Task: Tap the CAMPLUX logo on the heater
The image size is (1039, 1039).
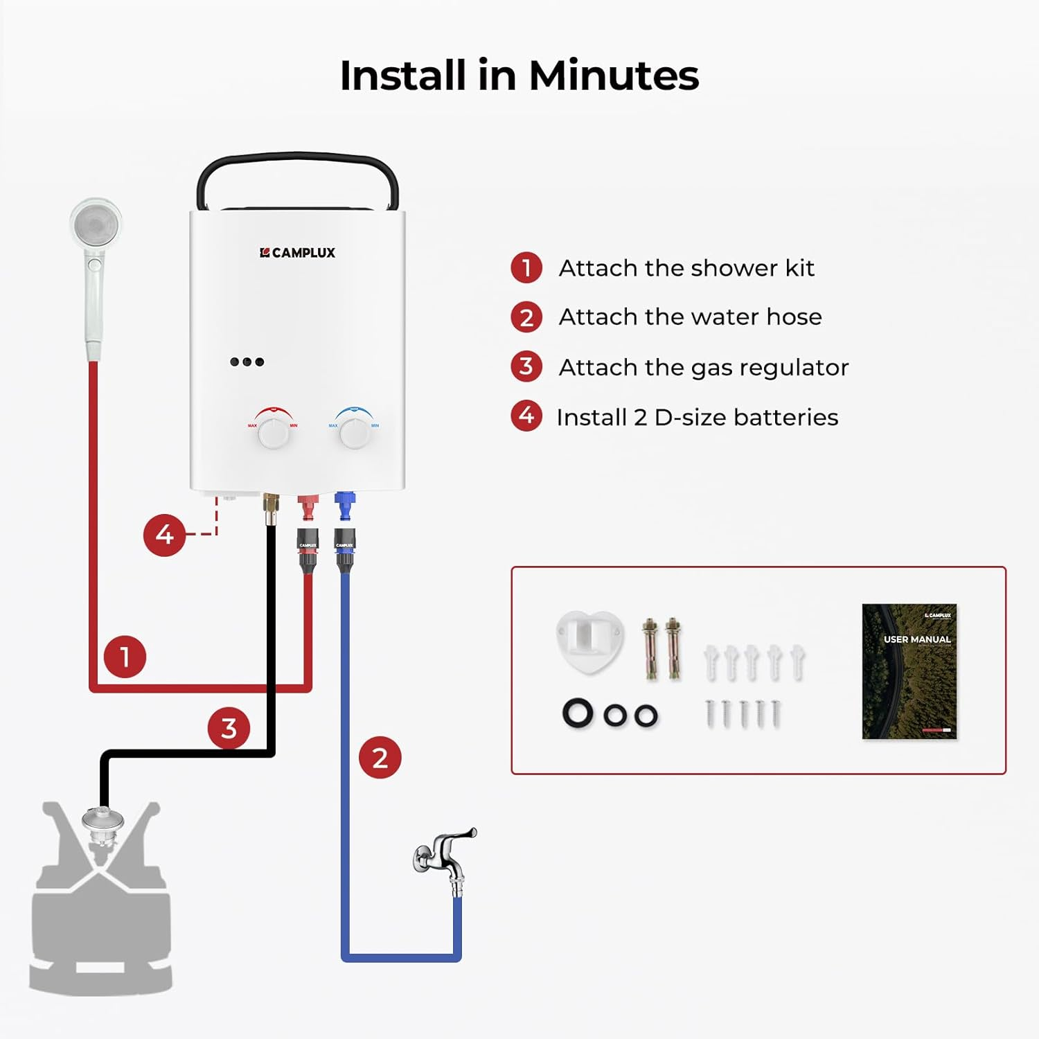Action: [x=297, y=253]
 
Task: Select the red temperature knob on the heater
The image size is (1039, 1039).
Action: [x=274, y=432]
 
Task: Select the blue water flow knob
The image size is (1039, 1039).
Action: [x=355, y=432]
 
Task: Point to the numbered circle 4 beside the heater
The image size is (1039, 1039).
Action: [x=164, y=535]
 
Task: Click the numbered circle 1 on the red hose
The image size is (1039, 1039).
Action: [x=125, y=656]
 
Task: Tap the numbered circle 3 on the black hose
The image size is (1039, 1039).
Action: [x=229, y=728]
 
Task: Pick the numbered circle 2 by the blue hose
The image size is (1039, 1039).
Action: [x=380, y=757]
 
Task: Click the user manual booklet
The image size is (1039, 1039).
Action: [x=909, y=671]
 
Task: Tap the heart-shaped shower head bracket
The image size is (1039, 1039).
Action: [x=589, y=639]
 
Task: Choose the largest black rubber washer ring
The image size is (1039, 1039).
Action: [x=578, y=713]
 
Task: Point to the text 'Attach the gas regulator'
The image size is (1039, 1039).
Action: [x=703, y=367]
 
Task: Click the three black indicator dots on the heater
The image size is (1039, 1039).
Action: [x=247, y=362]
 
